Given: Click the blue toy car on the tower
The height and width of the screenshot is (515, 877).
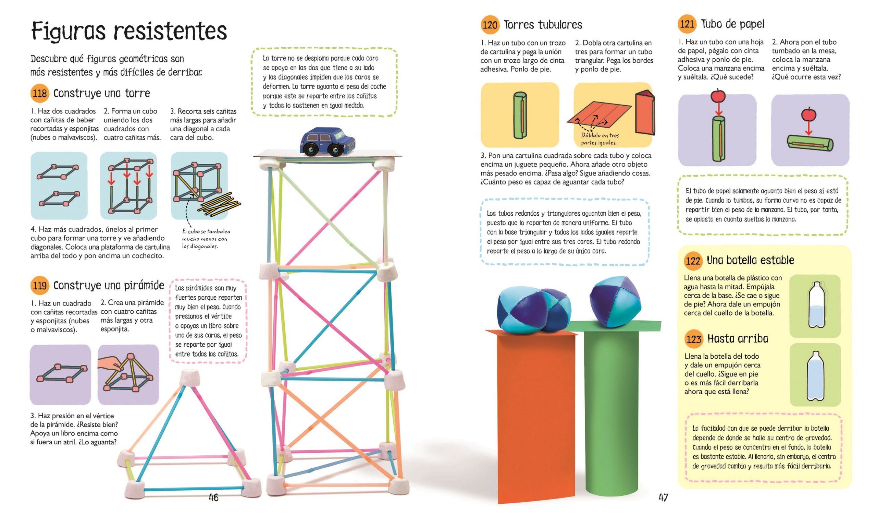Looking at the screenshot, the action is click(328, 141).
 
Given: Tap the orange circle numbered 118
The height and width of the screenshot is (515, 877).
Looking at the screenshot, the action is click(40, 93).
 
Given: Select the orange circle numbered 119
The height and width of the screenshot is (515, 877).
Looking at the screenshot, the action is click(40, 286).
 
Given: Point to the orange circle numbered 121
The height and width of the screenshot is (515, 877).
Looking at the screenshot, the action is click(687, 24).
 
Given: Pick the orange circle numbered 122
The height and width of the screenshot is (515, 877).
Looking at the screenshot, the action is click(693, 261).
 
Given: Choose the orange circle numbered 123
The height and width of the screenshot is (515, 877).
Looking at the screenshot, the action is click(694, 339).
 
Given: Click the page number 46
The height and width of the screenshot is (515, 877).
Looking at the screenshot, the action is click(213, 498).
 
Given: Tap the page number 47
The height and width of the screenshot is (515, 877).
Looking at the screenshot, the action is click(663, 498).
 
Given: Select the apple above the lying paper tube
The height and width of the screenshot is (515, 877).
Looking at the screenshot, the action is click(808, 114).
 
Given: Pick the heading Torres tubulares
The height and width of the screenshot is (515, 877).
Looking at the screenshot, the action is click(543, 25).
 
